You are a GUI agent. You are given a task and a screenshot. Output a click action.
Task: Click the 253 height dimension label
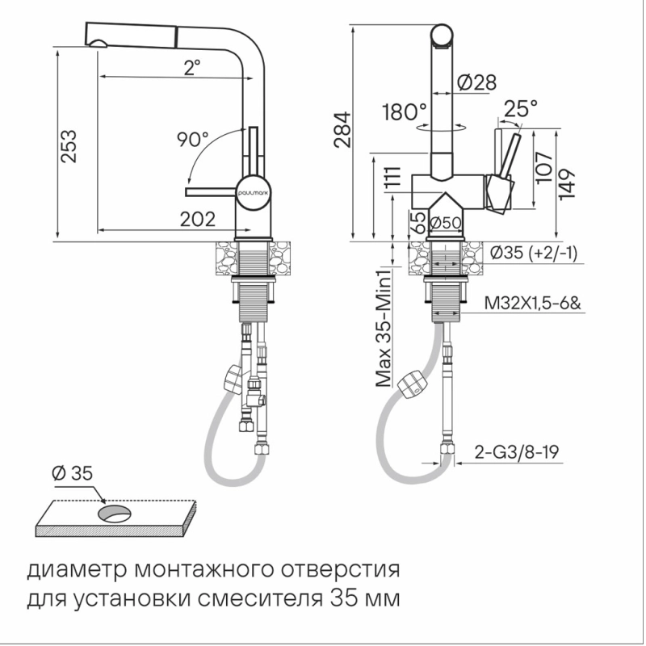69,146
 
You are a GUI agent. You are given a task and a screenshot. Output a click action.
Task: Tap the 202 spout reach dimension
198,220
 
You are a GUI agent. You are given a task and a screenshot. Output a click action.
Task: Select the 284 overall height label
342,129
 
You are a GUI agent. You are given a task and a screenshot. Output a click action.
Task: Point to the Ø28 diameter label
477,82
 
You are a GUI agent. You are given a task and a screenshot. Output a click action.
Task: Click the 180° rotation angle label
405,111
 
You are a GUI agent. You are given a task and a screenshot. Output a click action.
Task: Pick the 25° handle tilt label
521,109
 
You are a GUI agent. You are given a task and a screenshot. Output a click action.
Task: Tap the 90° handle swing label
193,139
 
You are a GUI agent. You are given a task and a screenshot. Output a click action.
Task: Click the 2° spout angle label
192,68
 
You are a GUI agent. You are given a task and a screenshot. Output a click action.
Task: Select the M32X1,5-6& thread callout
532,304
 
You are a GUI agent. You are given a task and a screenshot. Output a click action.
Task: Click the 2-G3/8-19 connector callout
517,452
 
